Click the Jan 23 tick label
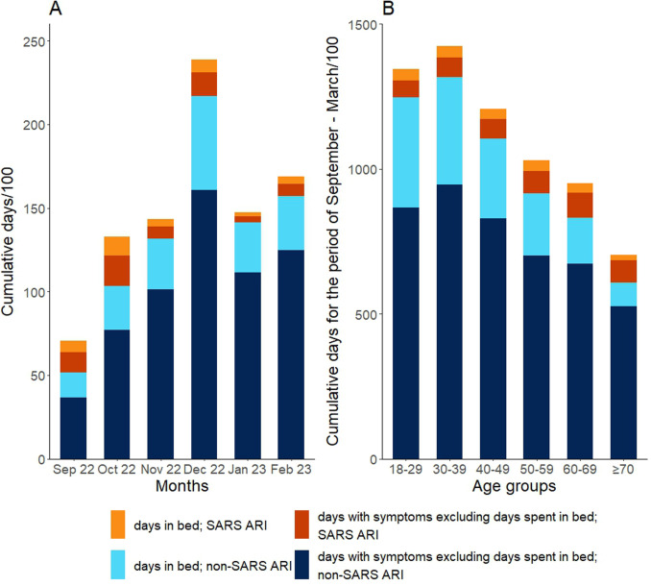tap(231, 473)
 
